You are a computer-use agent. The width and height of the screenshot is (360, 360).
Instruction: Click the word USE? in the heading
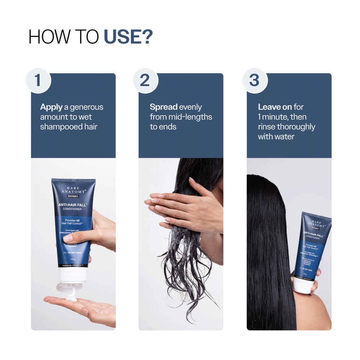coord(128,37)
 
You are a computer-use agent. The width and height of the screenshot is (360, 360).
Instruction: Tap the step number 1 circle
coord(38,81)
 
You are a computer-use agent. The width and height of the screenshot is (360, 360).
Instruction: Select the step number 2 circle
coord(145,81)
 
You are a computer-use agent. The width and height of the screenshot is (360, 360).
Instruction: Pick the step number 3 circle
coord(254,81)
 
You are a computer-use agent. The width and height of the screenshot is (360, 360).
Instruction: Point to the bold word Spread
coord(164,107)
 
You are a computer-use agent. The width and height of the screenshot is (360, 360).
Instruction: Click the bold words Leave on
coord(275,107)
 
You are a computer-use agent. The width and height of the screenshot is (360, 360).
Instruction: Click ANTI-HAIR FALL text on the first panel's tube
coord(72,205)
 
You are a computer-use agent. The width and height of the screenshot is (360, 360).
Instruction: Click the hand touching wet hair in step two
coord(184,207)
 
